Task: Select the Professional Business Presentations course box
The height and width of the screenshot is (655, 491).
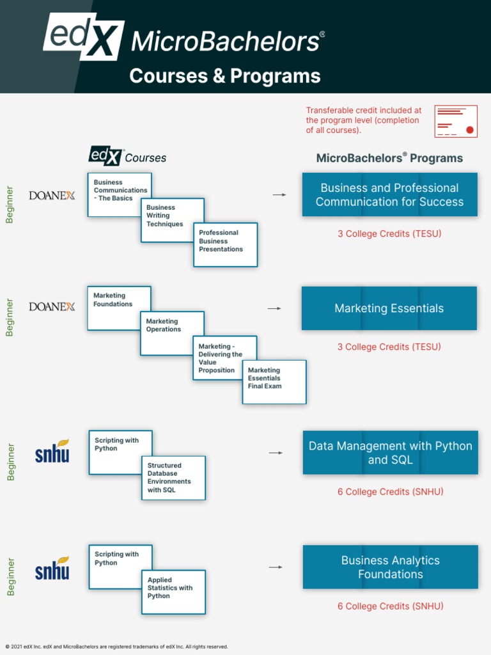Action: pyautogui.click(x=225, y=244)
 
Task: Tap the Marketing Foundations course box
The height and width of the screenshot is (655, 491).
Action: pyautogui.click(x=119, y=307)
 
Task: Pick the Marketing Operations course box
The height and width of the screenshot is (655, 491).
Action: pyautogui.click(x=171, y=332)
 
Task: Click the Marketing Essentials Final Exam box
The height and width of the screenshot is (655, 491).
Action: pyautogui.click(x=274, y=381)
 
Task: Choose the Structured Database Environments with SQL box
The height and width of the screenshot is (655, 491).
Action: pyautogui.click(x=173, y=477)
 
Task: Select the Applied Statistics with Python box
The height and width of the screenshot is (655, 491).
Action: pyautogui.click(x=173, y=591)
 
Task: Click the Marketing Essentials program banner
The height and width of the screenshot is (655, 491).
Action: pyautogui.click(x=389, y=308)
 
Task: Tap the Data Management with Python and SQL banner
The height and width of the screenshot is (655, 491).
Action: pyautogui.click(x=390, y=453)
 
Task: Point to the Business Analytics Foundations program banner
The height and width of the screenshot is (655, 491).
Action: pyautogui.click(x=390, y=567)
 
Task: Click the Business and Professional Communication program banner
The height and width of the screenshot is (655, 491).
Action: pyautogui.click(x=389, y=194)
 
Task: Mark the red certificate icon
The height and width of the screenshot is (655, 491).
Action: pyautogui.click(x=455, y=121)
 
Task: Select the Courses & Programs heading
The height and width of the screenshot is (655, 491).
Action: pyautogui.click(x=224, y=76)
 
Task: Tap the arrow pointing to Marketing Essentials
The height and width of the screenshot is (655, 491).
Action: pyautogui.click(x=274, y=308)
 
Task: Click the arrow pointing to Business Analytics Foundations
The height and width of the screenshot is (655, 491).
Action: pyautogui.click(x=276, y=567)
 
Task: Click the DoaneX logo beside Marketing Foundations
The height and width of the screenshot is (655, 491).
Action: pyautogui.click(x=52, y=306)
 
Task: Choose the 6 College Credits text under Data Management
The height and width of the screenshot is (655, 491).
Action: pyautogui.click(x=390, y=492)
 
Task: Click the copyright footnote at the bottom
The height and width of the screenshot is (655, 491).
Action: pyautogui.click(x=116, y=647)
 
